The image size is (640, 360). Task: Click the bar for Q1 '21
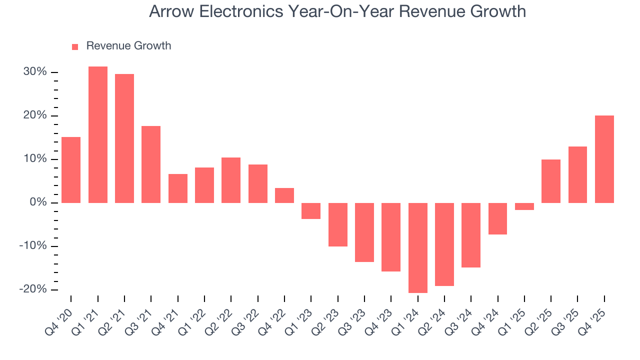pyautogui.click(x=98, y=134)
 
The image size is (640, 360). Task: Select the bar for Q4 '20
pyautogui.click(x=71, y=170)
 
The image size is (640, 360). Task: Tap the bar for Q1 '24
pyautogui.click(x=418, y=247)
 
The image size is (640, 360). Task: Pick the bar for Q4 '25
pyautogui.click(x=604, y=159)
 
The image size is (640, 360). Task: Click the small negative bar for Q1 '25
pyautogui.click(x=524, y=206)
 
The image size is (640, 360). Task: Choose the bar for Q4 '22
pyautogui.click(x=284, y=195)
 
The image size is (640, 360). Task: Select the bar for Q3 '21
pyautogui.click(x=151, y=164)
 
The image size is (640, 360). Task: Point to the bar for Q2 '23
pyautogui.click(x=338, y=224)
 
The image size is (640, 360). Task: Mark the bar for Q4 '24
pyautogui.click(x=498, y=218)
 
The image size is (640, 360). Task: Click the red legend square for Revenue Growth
pyautogui.click(x=75, y=46)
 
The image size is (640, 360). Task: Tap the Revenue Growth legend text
pyautogui.click(x=128, y=46)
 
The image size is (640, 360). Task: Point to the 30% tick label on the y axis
pyautogui.click(x=35, y=72)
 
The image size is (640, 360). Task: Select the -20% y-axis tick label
pyautogui.click(x=33, y=289)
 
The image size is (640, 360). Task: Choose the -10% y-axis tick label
pyautogui.click(x=33, y=246)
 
